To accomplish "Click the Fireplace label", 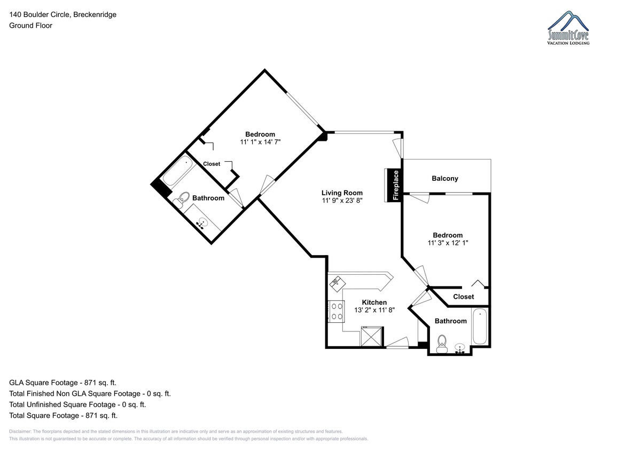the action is click(396, 185).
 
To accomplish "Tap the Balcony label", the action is click(444, 178).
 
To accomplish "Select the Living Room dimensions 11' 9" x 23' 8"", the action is click(342, 200).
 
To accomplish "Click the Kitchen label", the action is click(374, 302).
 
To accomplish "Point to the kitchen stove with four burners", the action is click(336, 311).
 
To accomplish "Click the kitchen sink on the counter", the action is click(338, 283).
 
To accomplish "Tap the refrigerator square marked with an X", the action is click(371, 337).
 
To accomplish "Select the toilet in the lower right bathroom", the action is click(442, 344).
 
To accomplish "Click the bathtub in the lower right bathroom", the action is click(480, 326).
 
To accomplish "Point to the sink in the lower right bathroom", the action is click(459, 348).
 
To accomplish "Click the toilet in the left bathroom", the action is click(182, 199).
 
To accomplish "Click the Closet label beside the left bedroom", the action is click(212, 164).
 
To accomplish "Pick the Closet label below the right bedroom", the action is click(463, 297).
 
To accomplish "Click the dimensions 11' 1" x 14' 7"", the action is click(260, 142).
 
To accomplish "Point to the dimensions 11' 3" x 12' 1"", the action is click(448, 243).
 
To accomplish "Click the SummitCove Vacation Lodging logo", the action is click(568, 28).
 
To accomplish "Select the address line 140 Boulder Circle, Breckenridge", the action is click(62, 14).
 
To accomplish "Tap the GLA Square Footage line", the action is click(62, 383).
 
